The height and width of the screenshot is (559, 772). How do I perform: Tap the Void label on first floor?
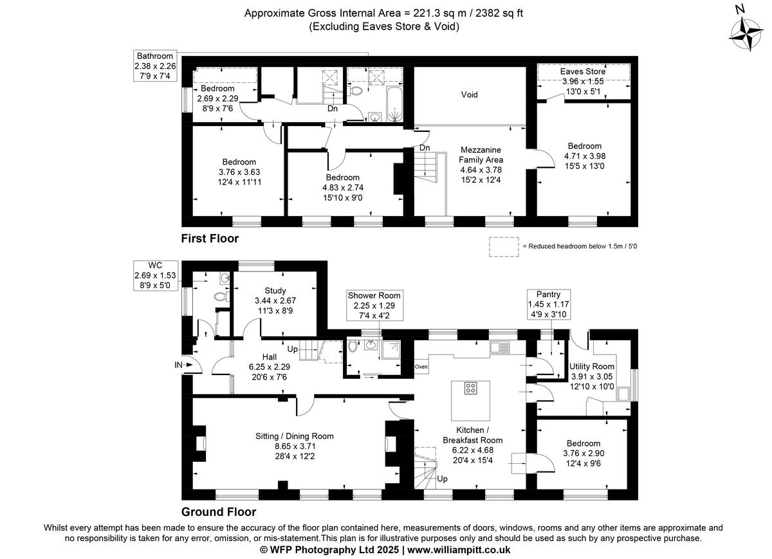click(x=469, y=95)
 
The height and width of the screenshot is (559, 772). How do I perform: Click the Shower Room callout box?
click(x=371, y=305)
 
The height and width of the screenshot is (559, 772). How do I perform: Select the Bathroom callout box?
click(x=154, y=66)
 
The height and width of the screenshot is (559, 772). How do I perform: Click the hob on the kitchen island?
click(x=471, y=388)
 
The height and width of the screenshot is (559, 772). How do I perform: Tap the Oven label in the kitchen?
click(x=421, y=367)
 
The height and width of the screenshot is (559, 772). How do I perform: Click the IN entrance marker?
click(x=178, y=365)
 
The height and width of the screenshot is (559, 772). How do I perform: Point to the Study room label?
click(x=275, y=291)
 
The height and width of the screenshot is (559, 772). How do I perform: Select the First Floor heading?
click(x=210, y=239)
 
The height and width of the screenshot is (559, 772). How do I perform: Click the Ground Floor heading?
click(x=219, y=512)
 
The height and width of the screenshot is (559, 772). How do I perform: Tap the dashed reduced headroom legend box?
click(x=504, y=246)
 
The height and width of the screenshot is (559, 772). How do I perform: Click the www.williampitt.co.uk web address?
click(x=459, y=550)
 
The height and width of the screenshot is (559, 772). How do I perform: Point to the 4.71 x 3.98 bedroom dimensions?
click(x=584, y=156)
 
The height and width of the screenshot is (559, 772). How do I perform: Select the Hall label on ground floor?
click(x=269, y=356)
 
